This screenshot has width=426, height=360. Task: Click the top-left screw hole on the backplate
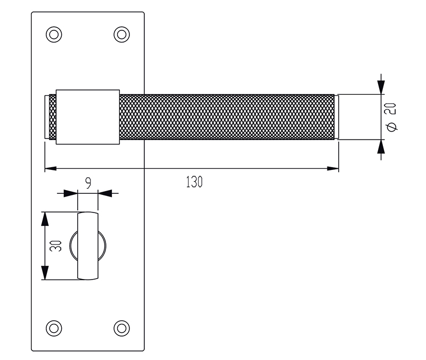point(54,35)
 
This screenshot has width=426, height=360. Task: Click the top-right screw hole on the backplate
point(121,35)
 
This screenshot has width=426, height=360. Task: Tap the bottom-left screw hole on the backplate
point(54,328)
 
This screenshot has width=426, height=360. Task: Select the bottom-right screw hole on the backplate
point(121,328)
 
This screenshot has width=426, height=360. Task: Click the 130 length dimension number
point(194,182)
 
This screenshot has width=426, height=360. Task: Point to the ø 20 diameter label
point(391,117)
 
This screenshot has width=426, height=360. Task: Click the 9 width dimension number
point(88,183)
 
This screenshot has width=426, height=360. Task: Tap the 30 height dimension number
point(56,246)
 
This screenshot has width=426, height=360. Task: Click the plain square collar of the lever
point(88,117)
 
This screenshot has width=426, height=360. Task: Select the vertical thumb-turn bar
point(88,246)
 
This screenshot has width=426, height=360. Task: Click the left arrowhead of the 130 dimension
point(51,168)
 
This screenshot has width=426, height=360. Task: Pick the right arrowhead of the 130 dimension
point(333,168)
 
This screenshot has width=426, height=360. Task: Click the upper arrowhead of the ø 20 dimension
point(381,87)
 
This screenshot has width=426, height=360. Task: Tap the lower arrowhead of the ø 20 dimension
point(381,147)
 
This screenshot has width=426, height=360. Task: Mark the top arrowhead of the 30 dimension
point(45,219)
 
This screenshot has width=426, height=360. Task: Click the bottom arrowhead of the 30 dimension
point(45,273)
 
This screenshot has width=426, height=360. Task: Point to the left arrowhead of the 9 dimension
point(71,193)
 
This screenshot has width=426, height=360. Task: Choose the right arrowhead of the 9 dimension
point(105,193)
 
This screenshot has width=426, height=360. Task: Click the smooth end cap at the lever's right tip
point(337,117)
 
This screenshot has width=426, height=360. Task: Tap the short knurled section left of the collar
point(52,117)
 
